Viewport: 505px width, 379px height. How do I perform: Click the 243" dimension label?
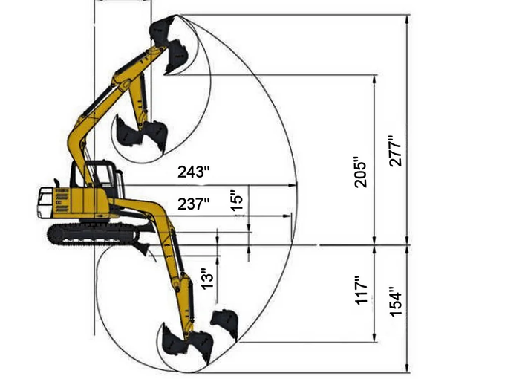(x=193, y=172)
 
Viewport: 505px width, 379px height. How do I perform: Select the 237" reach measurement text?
(x=193, y=204)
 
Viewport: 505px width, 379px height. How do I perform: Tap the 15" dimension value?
(x=236, y=201)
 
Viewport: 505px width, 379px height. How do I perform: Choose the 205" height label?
(x=361, y=172)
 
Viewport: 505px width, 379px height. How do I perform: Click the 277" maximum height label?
(x=395, y=151)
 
